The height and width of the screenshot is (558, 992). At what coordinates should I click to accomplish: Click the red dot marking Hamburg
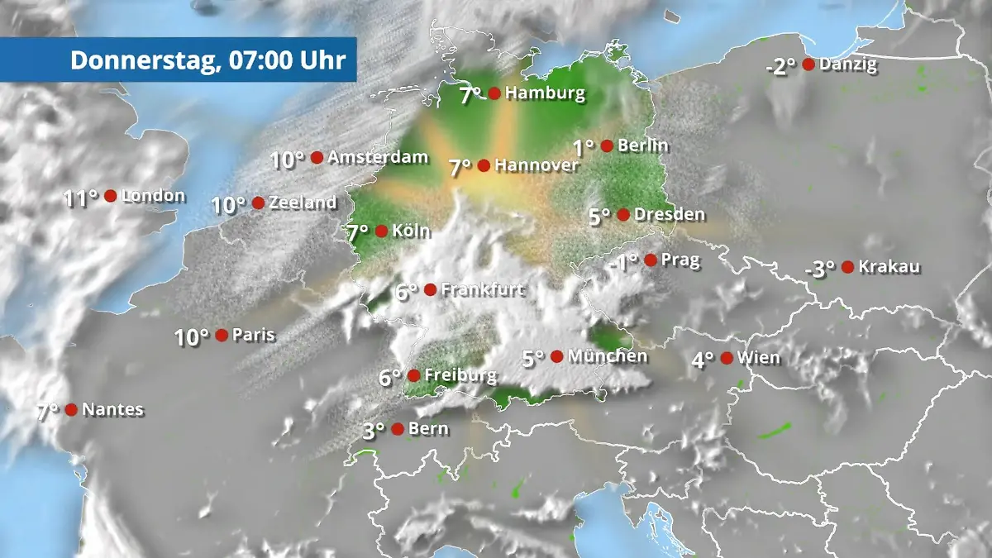[494, 93]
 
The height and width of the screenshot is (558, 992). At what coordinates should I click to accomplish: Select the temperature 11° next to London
[81, 198]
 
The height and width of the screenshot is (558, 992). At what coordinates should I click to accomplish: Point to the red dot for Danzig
[808, 64]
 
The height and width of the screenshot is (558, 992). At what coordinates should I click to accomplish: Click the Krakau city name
[889, 267]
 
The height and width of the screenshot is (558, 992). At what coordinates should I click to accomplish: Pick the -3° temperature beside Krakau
[820, 269]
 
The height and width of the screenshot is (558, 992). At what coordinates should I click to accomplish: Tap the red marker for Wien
[726, 358]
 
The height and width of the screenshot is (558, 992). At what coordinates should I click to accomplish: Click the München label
[608, 356]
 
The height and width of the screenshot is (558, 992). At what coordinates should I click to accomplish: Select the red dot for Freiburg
[413, 375]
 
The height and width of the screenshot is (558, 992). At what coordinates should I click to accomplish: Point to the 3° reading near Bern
[374, 431]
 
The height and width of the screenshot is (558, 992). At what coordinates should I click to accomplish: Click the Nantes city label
[113, 409]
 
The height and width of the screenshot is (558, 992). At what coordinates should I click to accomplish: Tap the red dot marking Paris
[222, 335]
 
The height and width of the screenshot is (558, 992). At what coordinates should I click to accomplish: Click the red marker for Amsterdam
[317, 157]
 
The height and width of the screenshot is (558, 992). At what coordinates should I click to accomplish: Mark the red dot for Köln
[381, 231]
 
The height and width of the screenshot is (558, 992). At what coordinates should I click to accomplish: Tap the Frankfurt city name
[484, 290]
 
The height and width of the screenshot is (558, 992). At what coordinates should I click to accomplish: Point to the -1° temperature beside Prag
[623, 263]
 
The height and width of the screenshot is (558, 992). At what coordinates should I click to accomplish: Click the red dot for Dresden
[623, 215]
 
